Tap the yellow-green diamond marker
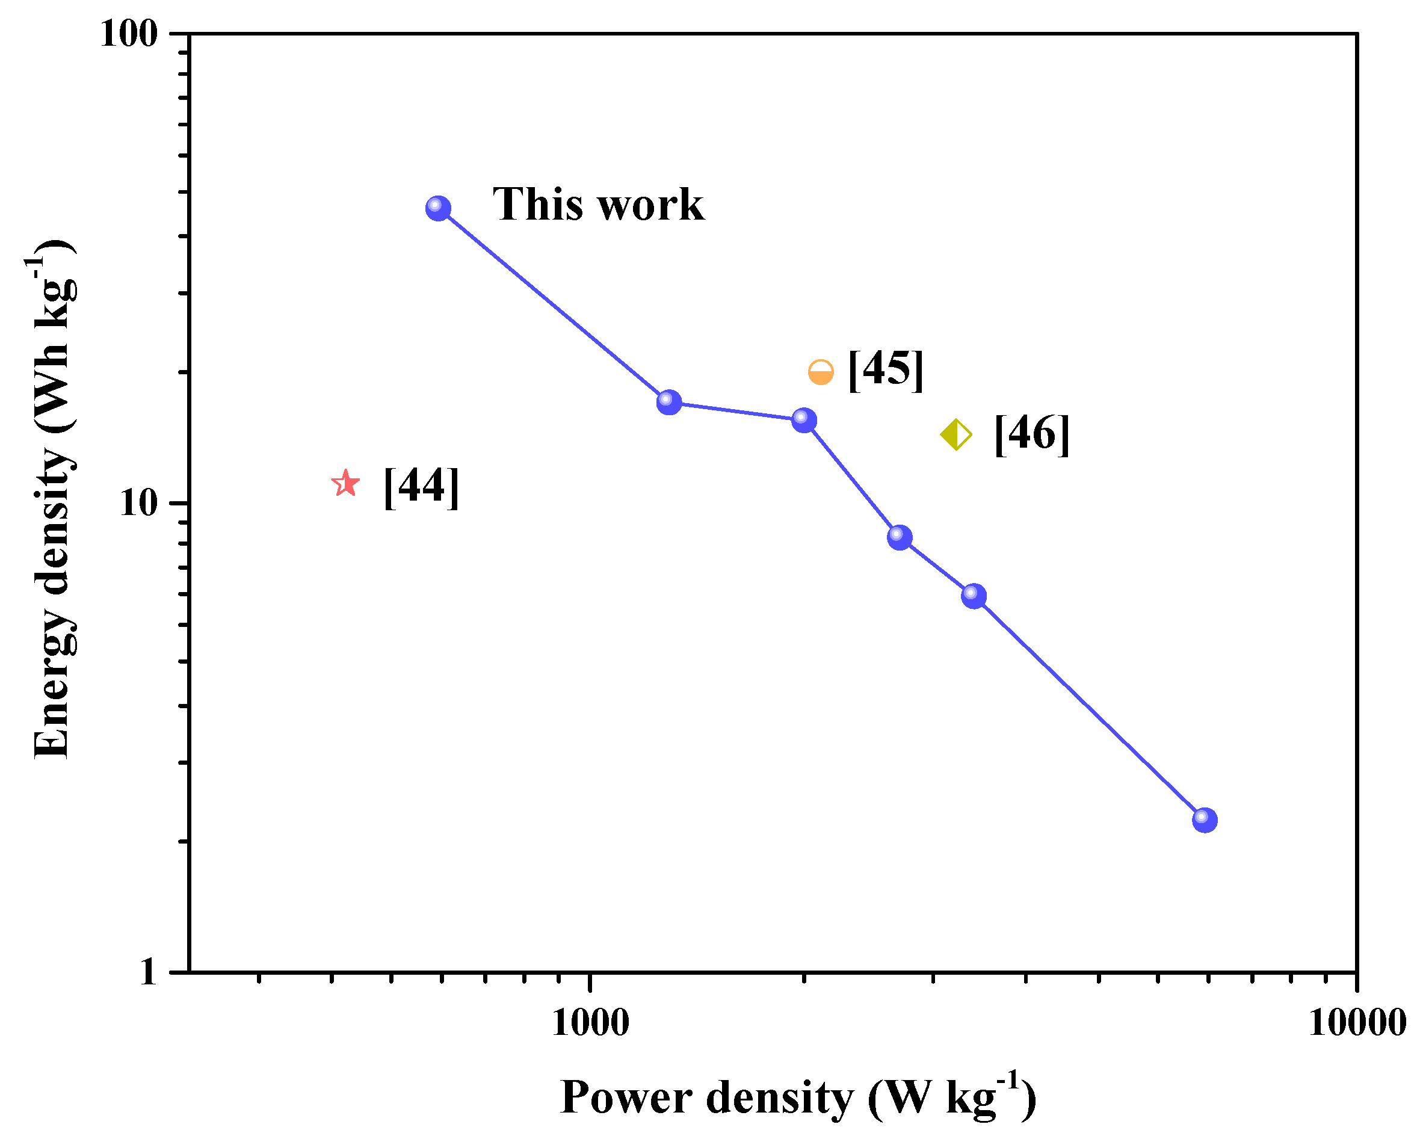[x=956, y=434]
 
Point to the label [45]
[x=886, y=370]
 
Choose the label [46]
[x=1032, y=434]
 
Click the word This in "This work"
[x=538, y=204]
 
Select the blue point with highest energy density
[x=439, y=209]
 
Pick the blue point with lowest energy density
[x=1205, y=821]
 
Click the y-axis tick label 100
[x=130, y=33]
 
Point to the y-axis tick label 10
[x=140, y=503]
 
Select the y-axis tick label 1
[x=149, y=972]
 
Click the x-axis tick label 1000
[x=590, y=1023]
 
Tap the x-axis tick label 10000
[x=1357, y=1023]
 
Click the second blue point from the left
[x=669, y=402]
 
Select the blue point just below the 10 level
[x=900, y=537]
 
